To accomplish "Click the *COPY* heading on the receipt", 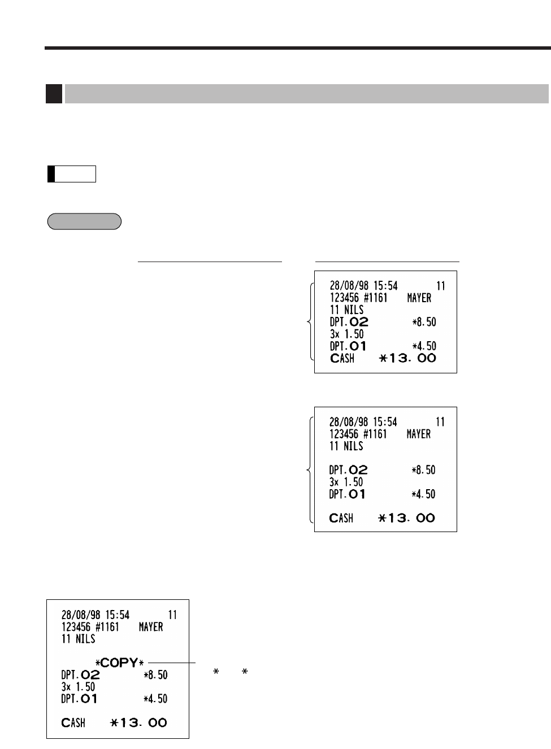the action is pyautogui.click(x=119, y=663).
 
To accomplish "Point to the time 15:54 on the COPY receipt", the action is pyautogui.click(x=118, y=615).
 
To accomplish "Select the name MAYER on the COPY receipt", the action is pyautogui.click(x=151, y=627).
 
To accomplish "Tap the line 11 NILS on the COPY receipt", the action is pyautogui.click(x=78, y=639).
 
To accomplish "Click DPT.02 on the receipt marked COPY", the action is pyautogui.click(x=80, y=674).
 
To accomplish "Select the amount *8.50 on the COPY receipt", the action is pyautogui.click(x=155, y=675).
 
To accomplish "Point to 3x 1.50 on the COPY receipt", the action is pyautogui.click(x=78, y=687).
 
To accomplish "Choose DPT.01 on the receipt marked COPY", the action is pyautogui.click(x=79, y=699).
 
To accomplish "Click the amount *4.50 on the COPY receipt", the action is pyautogui.click(x=155, y=699).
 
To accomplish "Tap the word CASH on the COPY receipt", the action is pyautogui.click(x=73, y=722).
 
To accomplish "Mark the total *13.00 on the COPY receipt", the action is pyautogui.click(x=138, y=722).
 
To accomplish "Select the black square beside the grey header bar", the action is pyautogui.click(x=54, y=94).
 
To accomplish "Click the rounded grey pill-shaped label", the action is pyautogui.click(x=84, y=221).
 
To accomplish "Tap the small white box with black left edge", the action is pyautogui.click(x=72, y=174).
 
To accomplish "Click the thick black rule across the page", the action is pyautogui.click(x=297, y=49).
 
